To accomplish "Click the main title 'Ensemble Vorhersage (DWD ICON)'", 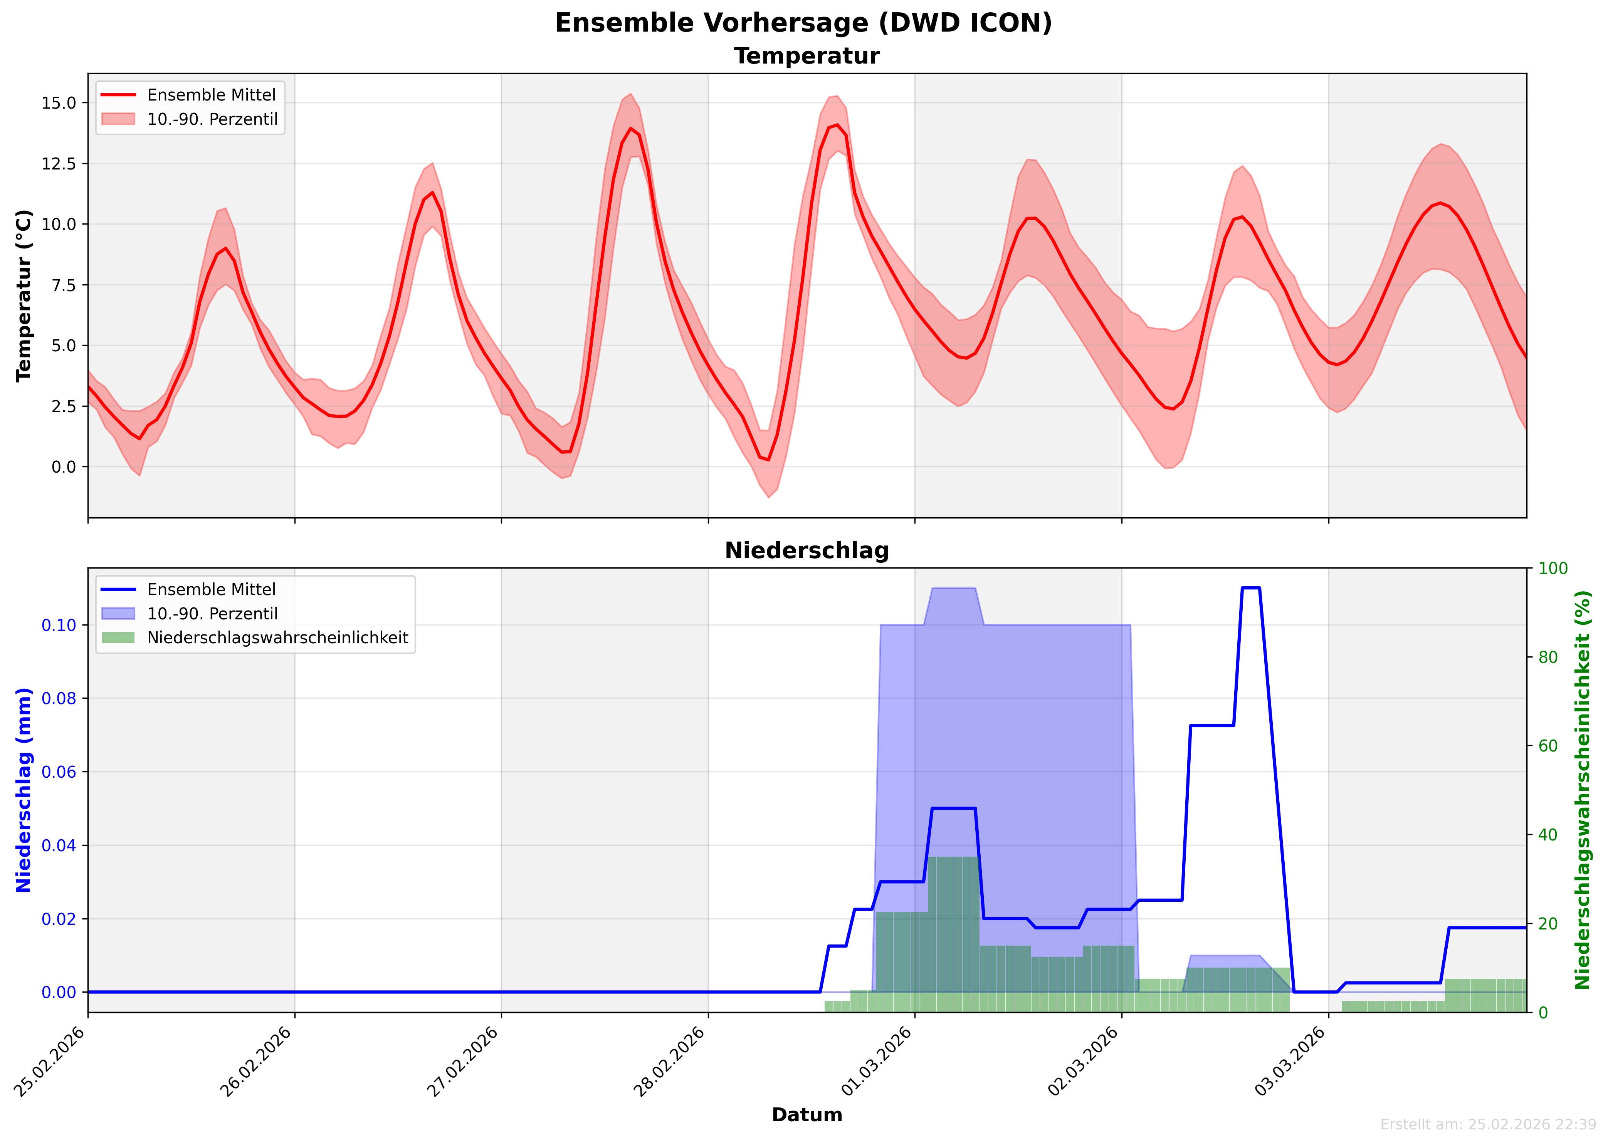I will click(x=803, y=23).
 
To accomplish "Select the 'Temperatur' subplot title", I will click(x=807, y=56).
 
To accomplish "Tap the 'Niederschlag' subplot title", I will click(x=807, y=551).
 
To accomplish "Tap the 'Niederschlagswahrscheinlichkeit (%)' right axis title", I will click(x=1583, y=790).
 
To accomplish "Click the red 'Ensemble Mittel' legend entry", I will click(x=212, y=95).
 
